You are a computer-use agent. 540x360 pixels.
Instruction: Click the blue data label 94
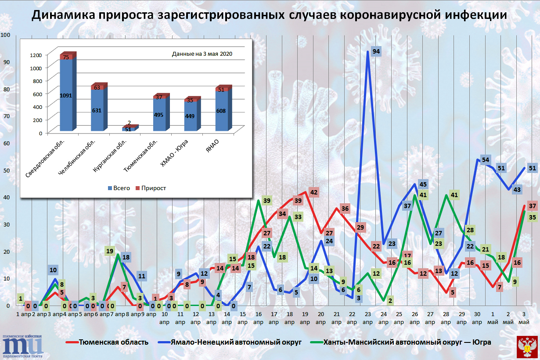[x=376, y=51]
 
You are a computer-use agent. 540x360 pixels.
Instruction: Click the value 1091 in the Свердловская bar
[x=66, y=95]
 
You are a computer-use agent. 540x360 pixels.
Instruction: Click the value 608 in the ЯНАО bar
[x=221, y=111]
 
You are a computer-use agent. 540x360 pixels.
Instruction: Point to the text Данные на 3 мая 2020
[x=202, y=54]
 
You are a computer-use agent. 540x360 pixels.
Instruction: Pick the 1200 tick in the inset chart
[x=36, y=54]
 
